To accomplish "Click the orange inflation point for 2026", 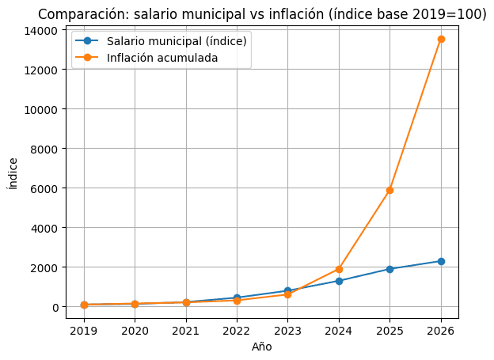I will [x=441, y=39].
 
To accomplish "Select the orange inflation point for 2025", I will [x=389, y=190].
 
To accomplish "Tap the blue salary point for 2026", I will [x=441, y=261].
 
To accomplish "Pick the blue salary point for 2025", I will [x=389, y=269].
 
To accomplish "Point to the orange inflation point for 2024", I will [x=339, y=269].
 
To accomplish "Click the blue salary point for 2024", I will [x=339, y=281].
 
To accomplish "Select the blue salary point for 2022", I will [x=237, y=297].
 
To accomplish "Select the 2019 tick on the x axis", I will [x=84, y=331].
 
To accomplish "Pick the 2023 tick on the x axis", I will [x=287, y=331].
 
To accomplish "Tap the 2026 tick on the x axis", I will [x=441, y=331].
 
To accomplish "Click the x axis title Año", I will [x=262, y=347].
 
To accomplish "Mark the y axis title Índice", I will [x=12, y=173].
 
